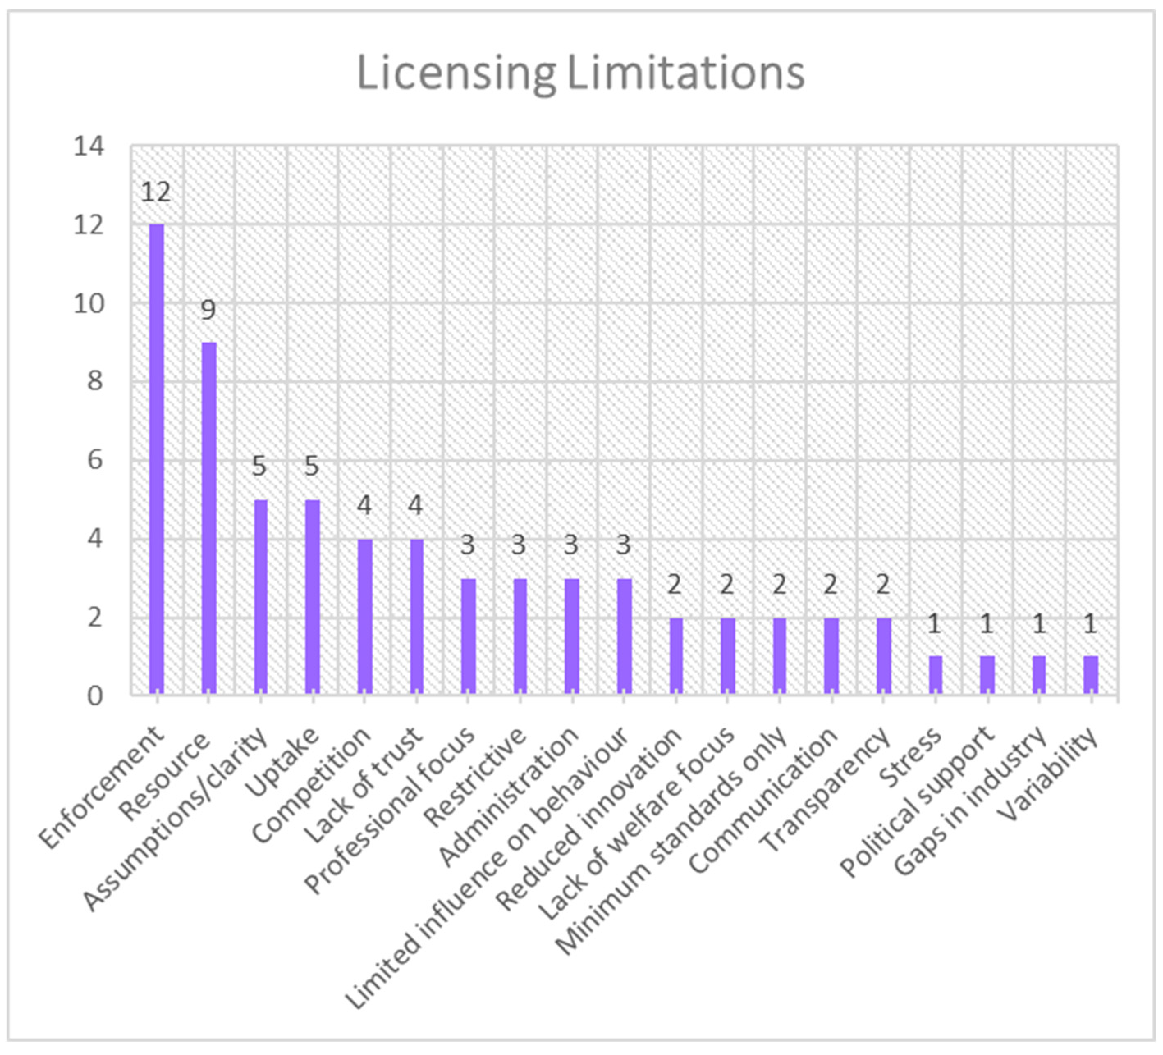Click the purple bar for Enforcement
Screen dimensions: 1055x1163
coord(156,459)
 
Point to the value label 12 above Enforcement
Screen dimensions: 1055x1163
coord(156,192)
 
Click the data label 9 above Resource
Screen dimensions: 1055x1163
coord(208,310)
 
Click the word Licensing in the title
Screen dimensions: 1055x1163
coord(456,74)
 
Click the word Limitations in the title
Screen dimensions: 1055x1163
coord(685,74)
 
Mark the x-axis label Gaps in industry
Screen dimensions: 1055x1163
coord(969,802)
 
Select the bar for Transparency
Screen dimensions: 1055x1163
coord(883,655)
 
